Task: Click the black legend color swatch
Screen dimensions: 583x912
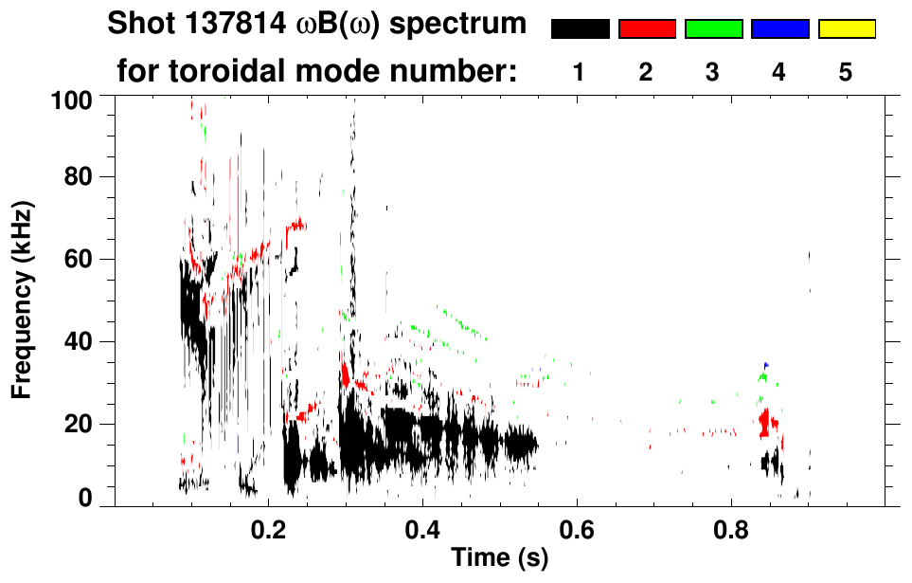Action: [x=581, y=29]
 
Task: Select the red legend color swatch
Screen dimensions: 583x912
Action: [x=647, y=29]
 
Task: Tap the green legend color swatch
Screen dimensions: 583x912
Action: [x=713, y=29]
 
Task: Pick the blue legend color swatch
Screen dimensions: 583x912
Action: [x=779, y=29]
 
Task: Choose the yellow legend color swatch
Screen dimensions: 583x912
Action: [x=847, y=29]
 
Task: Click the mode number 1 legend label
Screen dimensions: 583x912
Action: [x=580, y=73]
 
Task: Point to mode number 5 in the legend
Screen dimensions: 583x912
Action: [x=846, y=73]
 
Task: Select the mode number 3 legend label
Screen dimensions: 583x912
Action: [x=712, y=73]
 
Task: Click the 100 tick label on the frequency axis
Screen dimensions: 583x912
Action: [x=72, y=100]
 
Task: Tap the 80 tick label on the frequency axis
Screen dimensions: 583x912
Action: [x=79, y=178]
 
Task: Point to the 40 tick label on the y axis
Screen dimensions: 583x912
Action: [x=79, y=342]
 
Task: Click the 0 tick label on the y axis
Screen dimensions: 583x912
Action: [x=86, y=498]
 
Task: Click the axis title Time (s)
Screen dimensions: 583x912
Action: [x=498, y=559]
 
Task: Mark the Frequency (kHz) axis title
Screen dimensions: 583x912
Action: [x=23, y=299]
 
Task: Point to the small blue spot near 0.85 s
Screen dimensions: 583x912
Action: [x=766, y=365]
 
